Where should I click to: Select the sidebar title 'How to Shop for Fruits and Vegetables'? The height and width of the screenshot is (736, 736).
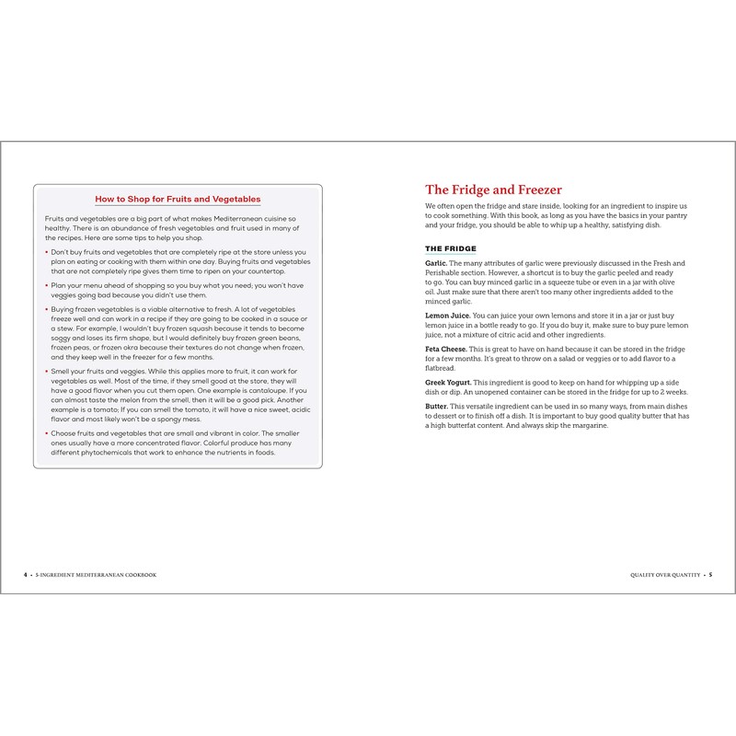(178, 199)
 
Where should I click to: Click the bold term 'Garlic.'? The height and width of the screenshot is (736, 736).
(436, 264)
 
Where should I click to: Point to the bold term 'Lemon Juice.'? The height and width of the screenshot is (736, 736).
(448, 316)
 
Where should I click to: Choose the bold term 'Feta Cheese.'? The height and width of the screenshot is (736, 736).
(448, 350)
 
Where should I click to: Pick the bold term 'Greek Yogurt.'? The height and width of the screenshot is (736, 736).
(449, 382)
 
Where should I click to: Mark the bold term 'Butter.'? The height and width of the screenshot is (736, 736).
(437, 407)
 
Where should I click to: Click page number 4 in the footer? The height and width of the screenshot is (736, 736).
(25, 574)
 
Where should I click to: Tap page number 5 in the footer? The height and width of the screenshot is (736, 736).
(710, 574)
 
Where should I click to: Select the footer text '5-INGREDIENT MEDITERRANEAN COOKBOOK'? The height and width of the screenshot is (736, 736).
(96, 574)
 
